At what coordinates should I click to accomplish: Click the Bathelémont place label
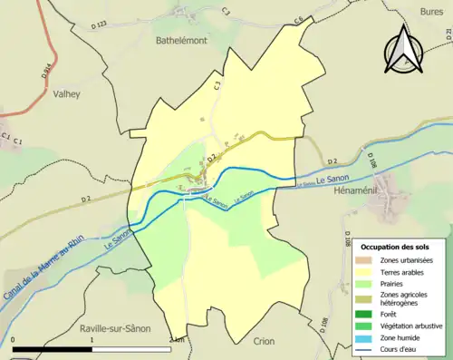[181, 41]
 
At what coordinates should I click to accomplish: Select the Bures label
[431, 11]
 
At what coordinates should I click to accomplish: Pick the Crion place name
[265, 341]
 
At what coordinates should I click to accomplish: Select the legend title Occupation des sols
[397, 246]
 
